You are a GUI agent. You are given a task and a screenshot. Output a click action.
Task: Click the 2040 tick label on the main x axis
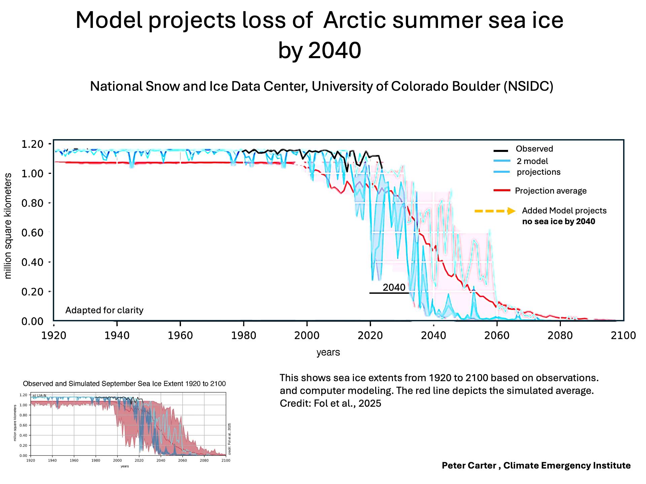(x=433, y=335)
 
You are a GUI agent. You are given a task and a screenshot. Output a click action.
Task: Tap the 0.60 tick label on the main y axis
(x=32, y=233)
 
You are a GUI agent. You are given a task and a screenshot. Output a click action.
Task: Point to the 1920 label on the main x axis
(x=54, y=335)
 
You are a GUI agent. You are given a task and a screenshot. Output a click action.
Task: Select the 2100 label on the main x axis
(x=623, y=335)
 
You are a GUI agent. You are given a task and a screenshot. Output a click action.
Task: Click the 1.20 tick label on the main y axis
(x=32, y=144)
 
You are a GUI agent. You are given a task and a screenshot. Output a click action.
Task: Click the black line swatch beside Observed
(x=501, y=150)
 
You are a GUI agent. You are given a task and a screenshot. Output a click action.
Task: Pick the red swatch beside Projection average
(x=502, y=191)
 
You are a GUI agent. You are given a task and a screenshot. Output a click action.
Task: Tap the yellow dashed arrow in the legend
(x=495, y=211)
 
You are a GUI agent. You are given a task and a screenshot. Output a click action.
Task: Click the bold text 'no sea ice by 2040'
(x=559, y=221)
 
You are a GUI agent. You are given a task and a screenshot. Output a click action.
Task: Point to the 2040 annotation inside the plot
(x=394, y=287)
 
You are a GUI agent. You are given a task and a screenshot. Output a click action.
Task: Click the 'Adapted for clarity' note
(x=104, y=310)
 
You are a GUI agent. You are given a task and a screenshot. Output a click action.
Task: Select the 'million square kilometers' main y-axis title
(x=8, y=226)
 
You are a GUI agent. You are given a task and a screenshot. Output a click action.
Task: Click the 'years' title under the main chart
(x=328, y=352)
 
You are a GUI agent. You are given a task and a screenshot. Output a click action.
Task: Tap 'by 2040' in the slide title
(x=320, y=50)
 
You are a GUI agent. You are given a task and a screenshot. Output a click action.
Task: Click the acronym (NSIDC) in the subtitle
(x=529, y=86)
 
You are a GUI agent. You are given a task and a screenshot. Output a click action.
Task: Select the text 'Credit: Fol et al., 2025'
(x=330, y=403)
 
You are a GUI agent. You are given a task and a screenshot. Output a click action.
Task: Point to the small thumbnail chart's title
(x=124, y=384)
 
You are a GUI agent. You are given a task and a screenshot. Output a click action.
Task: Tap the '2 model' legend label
(x=532, y=161)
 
